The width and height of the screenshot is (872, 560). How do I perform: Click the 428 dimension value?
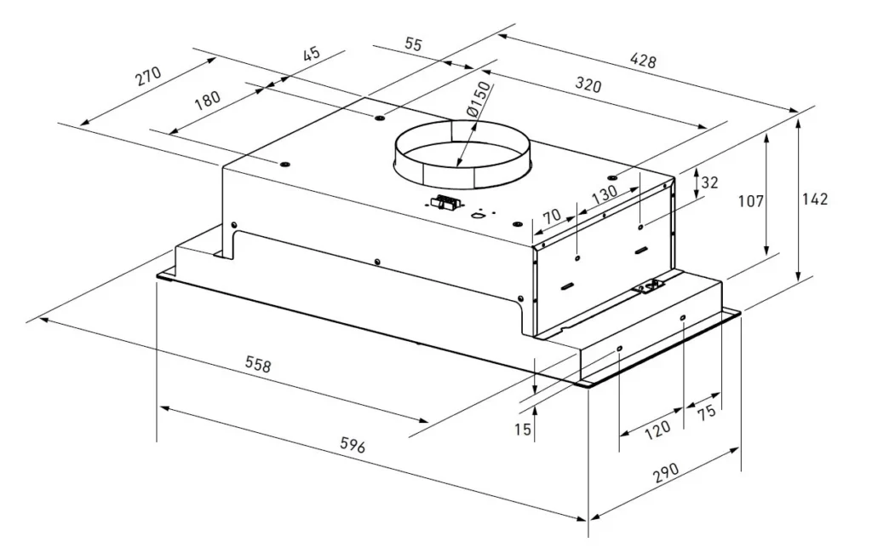[644, 61]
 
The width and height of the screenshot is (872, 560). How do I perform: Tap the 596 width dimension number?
[352, 445]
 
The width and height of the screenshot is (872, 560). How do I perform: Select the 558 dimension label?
[258, 365]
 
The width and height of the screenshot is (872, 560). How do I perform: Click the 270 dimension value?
[148, 76]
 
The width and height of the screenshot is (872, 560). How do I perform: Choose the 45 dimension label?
[312, 54]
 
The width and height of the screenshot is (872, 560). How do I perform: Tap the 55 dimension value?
[413, 44]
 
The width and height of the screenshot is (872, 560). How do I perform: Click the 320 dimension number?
[588, 84]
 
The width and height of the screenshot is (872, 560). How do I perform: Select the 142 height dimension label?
[815, 199]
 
